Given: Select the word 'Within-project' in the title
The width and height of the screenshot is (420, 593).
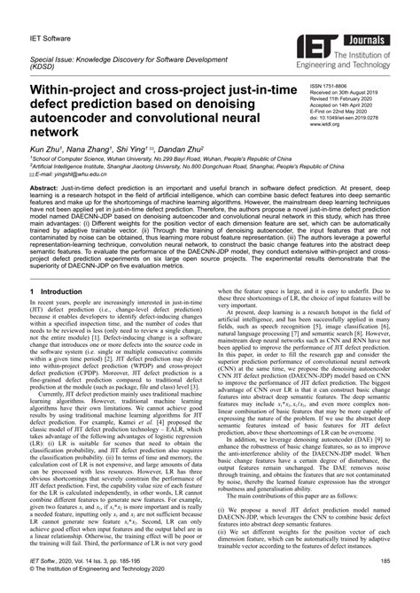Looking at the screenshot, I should click(x=78, y=90).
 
